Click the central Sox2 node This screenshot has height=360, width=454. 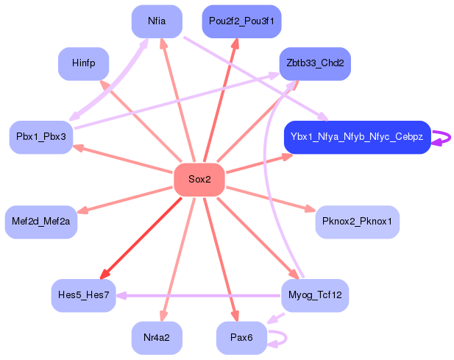[x=199, y=180]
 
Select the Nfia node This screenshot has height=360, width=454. [x=157, y=21]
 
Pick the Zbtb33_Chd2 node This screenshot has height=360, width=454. [x=314, y=63]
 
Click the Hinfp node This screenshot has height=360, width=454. [x=83, y=63]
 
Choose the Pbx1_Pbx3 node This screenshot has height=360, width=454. [x=40, y=138]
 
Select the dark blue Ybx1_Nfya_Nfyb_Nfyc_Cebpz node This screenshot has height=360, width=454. [x=357, y=137]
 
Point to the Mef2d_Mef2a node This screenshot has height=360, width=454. [x=40, y=222]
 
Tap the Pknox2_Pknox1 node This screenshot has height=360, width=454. [x=357, y=222]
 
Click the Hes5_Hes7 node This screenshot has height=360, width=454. [x=83, y=295]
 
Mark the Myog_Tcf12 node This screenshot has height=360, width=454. [x=314, y=295]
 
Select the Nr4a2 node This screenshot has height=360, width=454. [x=157, y=338]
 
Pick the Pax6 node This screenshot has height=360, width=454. [x=241, y=338]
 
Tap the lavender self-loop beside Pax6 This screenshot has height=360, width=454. [x=283, y=338]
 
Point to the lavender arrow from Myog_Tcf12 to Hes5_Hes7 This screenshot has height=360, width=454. [x=199, y=296]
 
